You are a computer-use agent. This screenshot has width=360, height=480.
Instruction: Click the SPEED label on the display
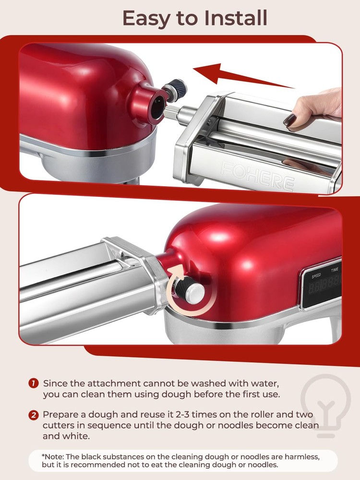click(316, 276)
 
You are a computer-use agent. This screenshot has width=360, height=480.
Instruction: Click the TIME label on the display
click(334, 270)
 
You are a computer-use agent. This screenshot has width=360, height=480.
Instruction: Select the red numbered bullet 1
click(33, 384)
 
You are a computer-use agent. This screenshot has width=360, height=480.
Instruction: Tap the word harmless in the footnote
click(303, 456)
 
